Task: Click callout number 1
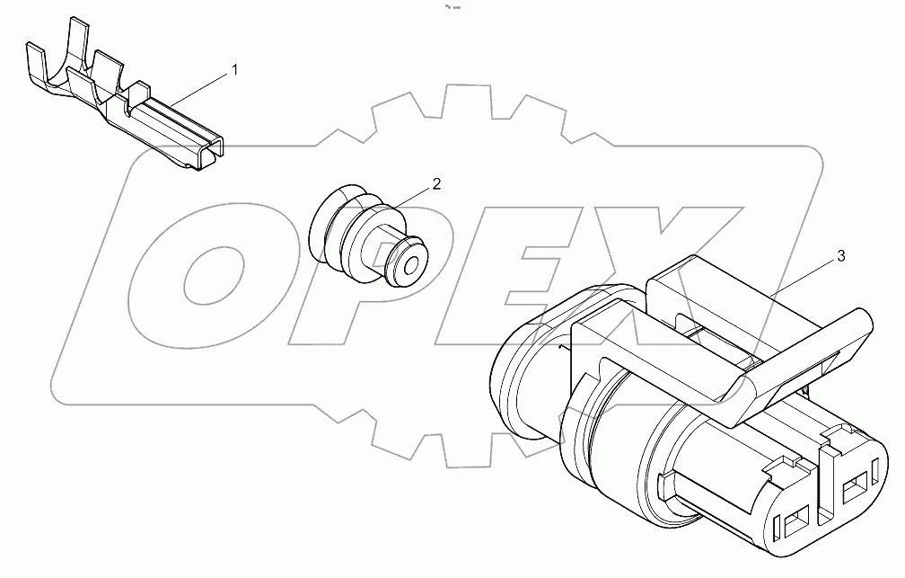click(x=235, y=70)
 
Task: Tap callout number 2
click(x=436, y=184)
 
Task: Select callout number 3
click(x=840, y=256)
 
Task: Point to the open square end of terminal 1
click(x=212, y=154)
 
